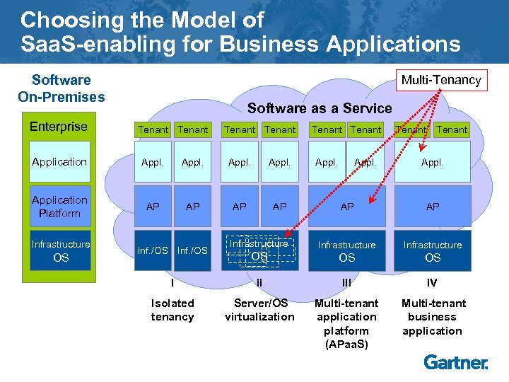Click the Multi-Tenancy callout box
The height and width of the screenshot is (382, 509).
click(441, 80)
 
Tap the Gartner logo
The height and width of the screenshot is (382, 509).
click(456, 362)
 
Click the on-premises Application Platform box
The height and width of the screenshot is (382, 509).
click(60, 207)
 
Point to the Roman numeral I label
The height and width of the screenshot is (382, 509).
click(172, 283)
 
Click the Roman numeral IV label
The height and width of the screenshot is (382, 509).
click(432, 283)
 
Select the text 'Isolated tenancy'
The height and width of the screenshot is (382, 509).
click(172, 310)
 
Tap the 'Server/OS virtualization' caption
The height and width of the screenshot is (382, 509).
click(259, 310)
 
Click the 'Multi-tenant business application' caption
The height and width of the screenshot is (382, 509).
click(432, 317)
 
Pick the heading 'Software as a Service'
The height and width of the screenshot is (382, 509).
click(320, 108)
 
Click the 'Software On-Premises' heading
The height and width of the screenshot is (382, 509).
click(61, 88)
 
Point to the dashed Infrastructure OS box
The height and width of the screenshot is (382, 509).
click(260, 250)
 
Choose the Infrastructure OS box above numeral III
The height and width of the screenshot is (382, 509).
click(346, 251)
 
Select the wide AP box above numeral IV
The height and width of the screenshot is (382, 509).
click(433, 207)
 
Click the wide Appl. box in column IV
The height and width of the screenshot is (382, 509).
click(432, 162)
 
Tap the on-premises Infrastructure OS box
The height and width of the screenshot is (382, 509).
click(61, 251)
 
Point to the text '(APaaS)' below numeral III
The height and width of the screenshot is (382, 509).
click(346, 345)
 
